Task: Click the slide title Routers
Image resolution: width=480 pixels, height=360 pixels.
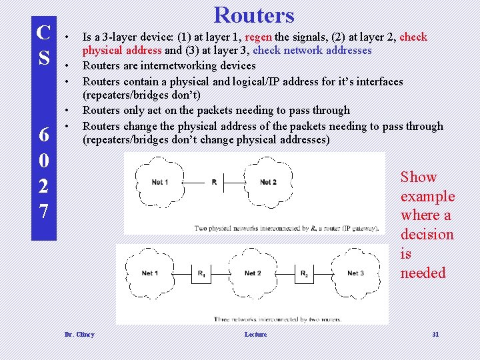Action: [254, 15]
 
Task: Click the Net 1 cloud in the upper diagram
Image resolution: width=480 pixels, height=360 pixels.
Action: [160, 182]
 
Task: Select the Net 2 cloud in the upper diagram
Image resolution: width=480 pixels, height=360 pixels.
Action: [268, 182]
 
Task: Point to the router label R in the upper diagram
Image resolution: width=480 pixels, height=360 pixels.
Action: [214, 182]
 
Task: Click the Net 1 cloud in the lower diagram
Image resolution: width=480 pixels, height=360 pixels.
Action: [150, 273]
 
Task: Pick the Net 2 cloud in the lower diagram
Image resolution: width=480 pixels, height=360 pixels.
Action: [253, 273]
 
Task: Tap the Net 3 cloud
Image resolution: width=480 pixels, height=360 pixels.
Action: [355, 273]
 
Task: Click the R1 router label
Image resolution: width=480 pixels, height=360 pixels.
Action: [201, 273]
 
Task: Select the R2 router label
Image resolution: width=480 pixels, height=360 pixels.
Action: [304, 273]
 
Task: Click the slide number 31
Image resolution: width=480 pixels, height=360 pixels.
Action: [435, 334]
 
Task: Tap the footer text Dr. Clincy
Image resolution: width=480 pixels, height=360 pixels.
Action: [79, 334]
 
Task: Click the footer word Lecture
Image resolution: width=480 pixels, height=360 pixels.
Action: [255, 334]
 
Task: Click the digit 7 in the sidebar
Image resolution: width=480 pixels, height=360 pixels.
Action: [43, 211]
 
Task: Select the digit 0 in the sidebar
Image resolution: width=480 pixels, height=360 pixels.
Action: [43, 161]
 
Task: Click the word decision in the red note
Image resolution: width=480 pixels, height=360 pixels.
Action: [427, 235]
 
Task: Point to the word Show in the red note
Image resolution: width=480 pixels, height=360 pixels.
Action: [419, 177]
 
